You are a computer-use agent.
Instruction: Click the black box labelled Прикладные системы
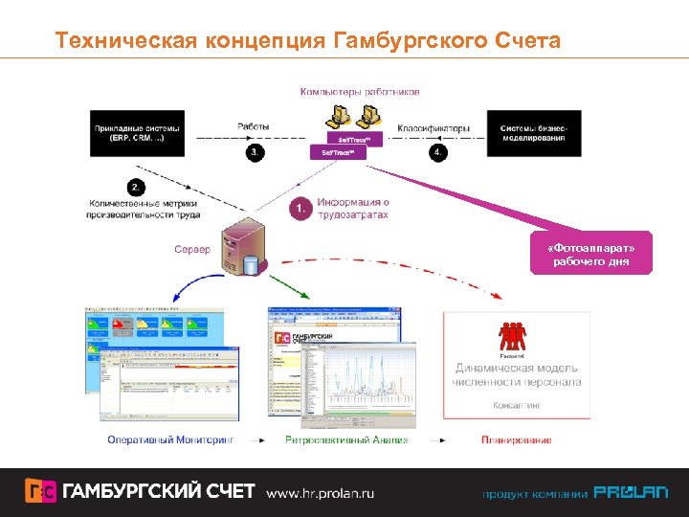pos(136,132)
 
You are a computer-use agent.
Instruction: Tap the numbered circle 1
pos(300,208)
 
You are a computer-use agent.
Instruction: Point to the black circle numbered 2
pos(137,187)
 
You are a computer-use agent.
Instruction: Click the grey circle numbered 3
pos(255,152)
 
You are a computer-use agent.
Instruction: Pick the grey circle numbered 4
pos(438,152)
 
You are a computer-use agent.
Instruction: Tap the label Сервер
pos(191,249)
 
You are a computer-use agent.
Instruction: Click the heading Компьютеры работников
pos(360,92)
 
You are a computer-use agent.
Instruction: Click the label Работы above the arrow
pos(254,126)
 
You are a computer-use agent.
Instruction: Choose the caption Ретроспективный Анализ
pos(346,440)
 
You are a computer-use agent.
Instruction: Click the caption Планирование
pos(516,440)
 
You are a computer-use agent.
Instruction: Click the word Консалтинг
pos(516,405)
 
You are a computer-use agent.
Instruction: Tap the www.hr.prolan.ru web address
pos(320,493)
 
